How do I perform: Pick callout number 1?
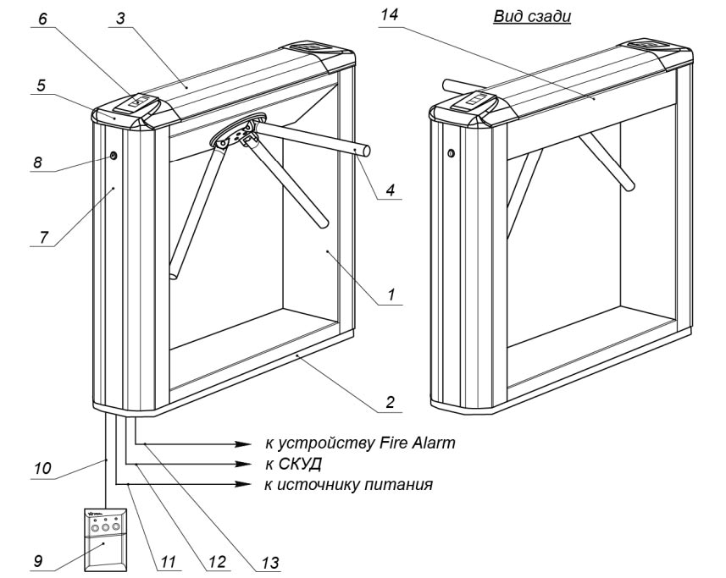coord(391,295)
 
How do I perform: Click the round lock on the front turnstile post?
coord(113,156)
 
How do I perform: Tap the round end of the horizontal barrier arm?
coord(368,150)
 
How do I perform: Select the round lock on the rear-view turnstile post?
coord(451,153)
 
